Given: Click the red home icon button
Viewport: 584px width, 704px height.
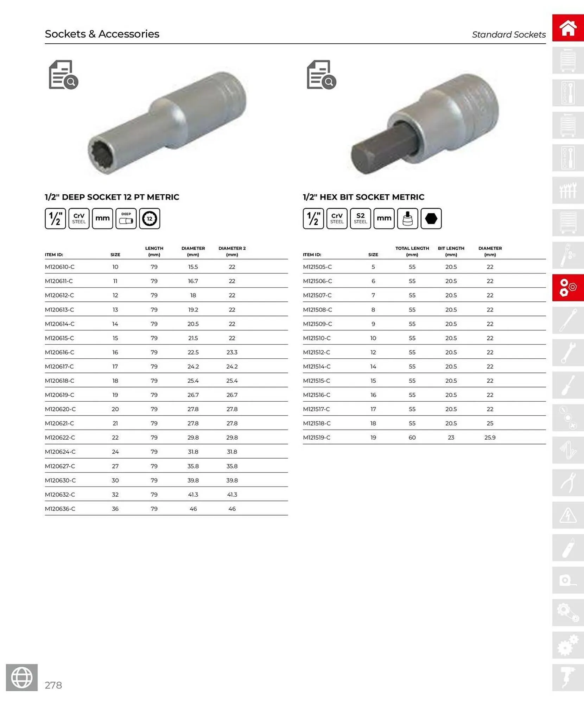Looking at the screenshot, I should pyautogui.click(x=568, y=28).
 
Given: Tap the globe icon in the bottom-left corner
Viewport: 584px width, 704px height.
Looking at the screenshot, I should pyautogui.click(x=22, y=677).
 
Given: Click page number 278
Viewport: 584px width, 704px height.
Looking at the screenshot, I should pyautogui.click(x=53, y=685).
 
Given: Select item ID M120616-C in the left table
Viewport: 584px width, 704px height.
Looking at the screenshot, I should pyautogui.click(x=59, y=352).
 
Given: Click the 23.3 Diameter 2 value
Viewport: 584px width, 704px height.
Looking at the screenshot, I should pyautogui.click(x=232, y=352).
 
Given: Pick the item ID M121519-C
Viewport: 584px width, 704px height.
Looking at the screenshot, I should pyautogui.click(x=317, y=437).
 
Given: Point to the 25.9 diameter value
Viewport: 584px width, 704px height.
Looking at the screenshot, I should pyautogui.click(x=490, y=437).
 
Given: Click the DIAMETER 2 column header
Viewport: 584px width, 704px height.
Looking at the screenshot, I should pyautogui.click(x=232, y=251).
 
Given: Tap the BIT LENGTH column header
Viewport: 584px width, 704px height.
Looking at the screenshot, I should pyautogui.click(x=451, y=251).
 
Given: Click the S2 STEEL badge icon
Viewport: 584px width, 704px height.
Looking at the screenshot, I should pyautogui.click(x=360, y=218).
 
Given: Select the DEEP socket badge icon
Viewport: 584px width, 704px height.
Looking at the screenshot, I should pyautogui.click(x=126, y=218).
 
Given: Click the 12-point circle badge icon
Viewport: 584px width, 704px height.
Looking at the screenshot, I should pyautogui.click(x=150, y=218).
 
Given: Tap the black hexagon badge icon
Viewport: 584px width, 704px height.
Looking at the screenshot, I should pyautogui.click(x=431, y=218).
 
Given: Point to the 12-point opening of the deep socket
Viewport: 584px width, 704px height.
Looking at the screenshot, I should pyautogui.click(x=102, y=155).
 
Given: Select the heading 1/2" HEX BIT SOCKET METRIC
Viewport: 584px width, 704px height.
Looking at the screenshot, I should pyautogui.click(x=363, y=197).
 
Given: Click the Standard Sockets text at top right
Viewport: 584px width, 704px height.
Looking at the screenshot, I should pyautogui.click(x=508, y=34).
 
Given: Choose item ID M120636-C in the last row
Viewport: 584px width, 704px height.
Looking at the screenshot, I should pyautogui.click(x=60, y=509).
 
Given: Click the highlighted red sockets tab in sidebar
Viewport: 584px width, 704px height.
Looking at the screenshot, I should pyautogui.click(x=568, y=288).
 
